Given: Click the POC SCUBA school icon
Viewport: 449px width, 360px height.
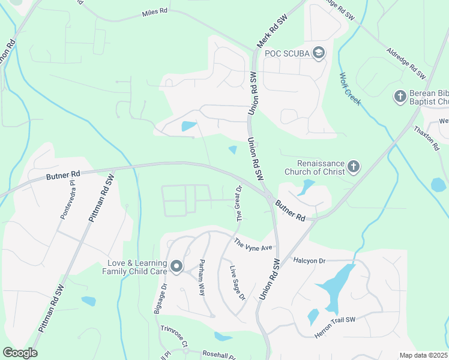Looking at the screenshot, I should (319, 53).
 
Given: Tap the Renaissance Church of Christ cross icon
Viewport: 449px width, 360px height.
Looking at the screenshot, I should (354, 166).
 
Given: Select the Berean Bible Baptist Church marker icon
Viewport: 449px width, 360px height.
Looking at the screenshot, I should (400, 96).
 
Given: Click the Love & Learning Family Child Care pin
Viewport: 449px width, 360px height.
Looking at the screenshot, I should (176, 266).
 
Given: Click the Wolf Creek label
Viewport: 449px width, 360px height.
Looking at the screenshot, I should (350, 89).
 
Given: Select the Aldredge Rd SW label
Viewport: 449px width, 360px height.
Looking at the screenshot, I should (406, 64).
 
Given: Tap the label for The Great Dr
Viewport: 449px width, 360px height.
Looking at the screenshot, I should (239, 203).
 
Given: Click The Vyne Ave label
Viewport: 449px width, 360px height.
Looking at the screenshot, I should (253, 245).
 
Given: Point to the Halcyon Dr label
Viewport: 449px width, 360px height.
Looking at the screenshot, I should (309, 260).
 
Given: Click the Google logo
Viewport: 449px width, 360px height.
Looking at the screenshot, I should (20, 353).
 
